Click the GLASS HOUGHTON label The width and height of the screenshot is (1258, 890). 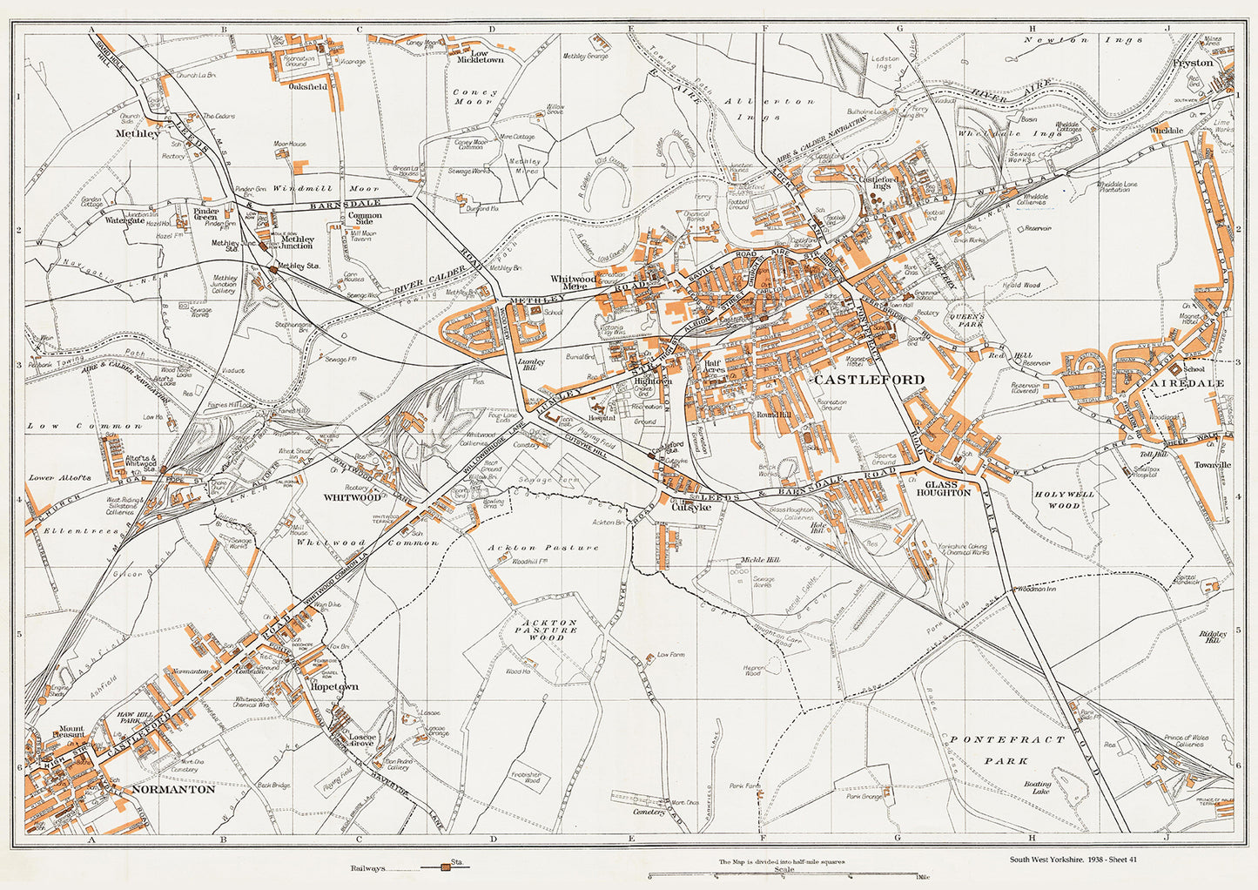[947, 488]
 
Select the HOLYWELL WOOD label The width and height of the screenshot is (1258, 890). [1060, 499]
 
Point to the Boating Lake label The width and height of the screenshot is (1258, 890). [1038, 789]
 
